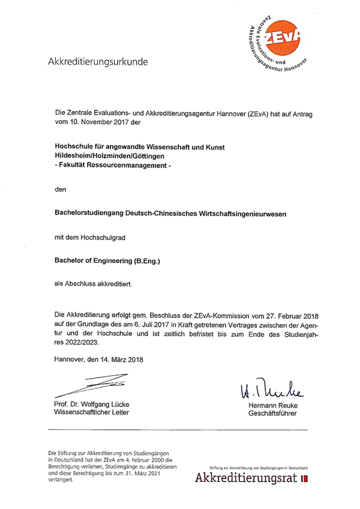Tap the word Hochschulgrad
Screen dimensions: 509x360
pos(103,238)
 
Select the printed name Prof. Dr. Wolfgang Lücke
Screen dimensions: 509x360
pos(91,404)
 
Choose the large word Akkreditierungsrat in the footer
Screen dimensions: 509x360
pos(246,478)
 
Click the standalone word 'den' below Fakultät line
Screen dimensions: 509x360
pos(59,189)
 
